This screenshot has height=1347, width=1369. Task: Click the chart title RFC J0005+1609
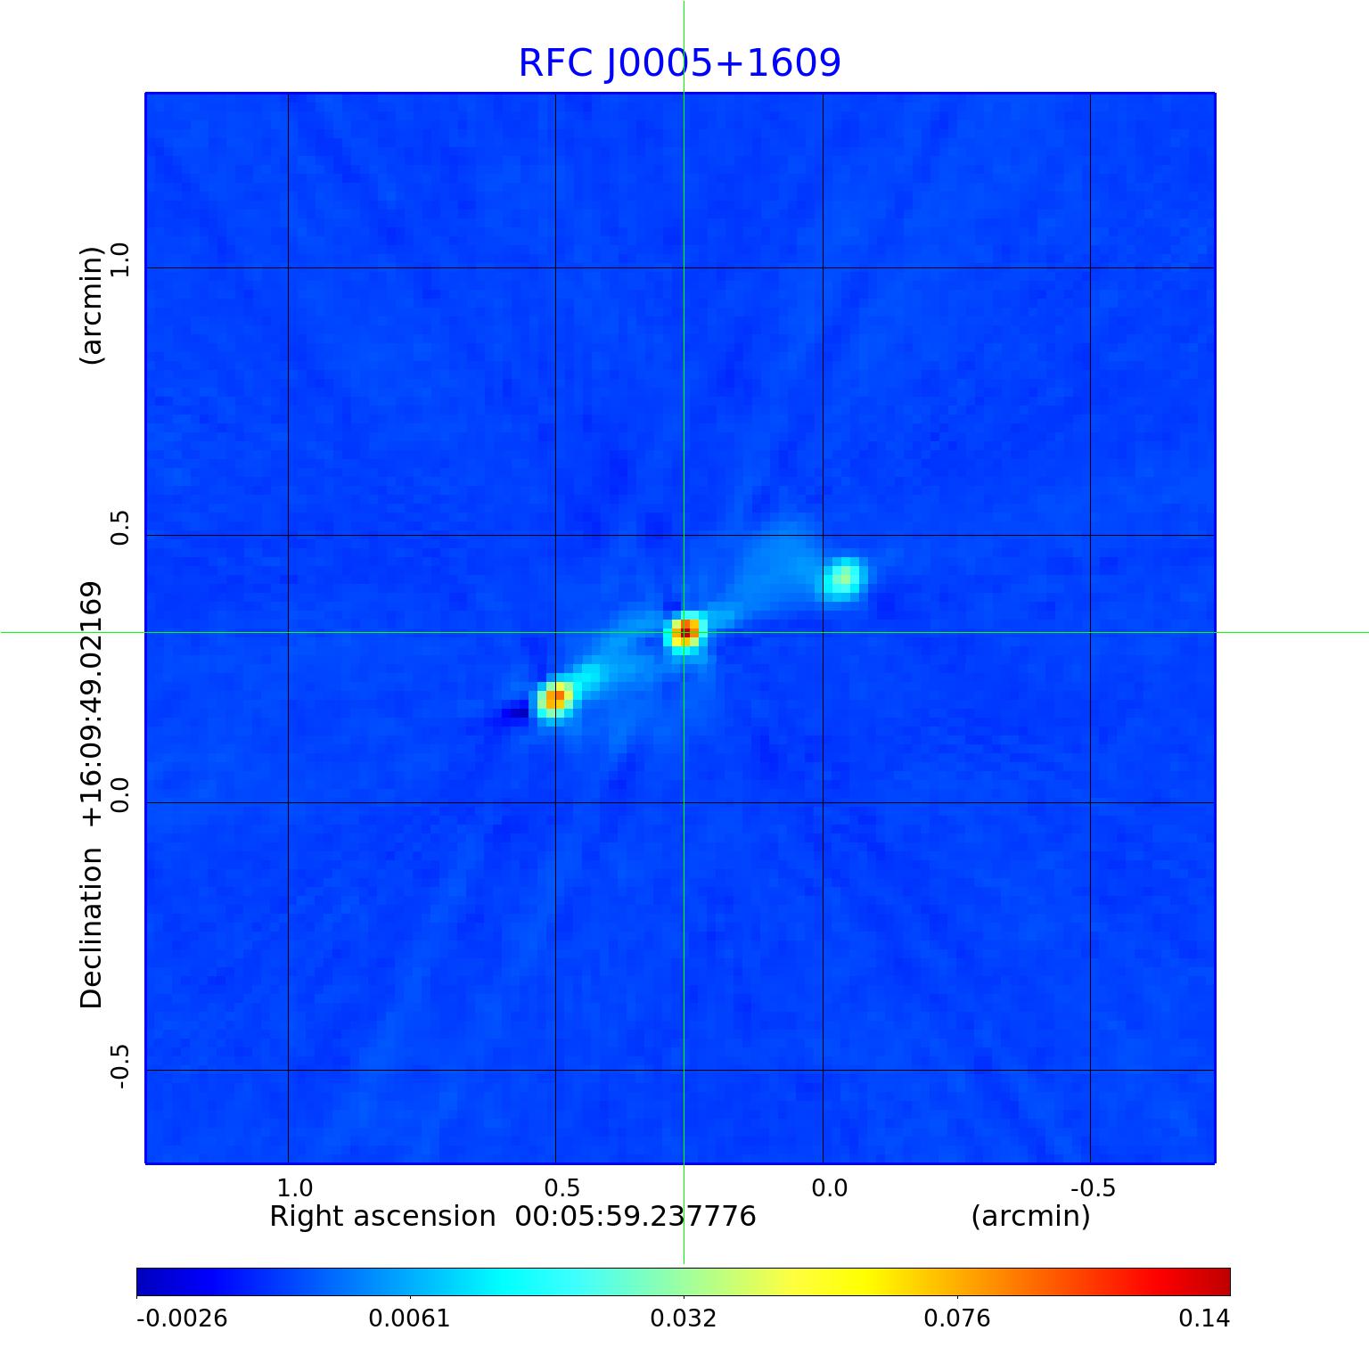679,63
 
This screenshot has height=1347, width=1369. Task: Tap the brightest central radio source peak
684,632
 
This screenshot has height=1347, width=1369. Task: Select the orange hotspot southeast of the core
554,698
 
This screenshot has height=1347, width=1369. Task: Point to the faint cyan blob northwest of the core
843,579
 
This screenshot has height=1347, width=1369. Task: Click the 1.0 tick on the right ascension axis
294,1187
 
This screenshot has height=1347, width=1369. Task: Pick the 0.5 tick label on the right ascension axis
562,1187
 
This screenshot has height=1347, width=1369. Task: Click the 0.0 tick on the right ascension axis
829,1187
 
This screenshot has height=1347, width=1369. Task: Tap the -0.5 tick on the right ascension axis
1093,1187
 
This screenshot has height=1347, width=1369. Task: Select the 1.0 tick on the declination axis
119,260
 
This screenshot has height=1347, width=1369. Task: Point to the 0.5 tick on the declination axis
119,528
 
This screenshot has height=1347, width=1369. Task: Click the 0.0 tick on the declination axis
119,795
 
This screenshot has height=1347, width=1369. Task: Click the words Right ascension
382,1217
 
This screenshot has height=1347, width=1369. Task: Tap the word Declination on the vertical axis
92,927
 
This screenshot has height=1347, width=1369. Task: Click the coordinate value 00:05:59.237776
635,1217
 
